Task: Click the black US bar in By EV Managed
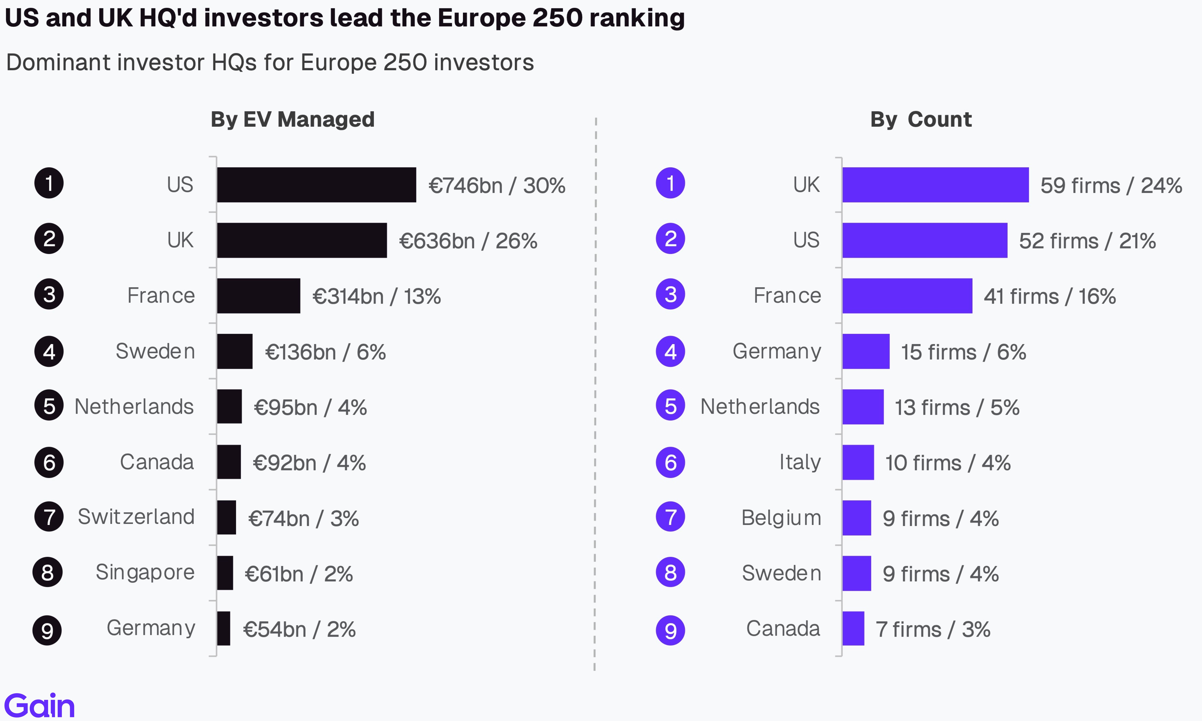pyautogui.click(x=316, y=185)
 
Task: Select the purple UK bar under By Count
pyautogui.click(x=935, y=185)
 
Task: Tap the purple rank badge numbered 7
pyautogui.click(x=671, y=517)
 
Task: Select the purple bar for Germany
pyautogui.click(x=866, y=351)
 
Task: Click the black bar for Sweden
pyautogui.click(x=235, y=351)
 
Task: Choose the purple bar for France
pyautogui.click(x=907, y=296)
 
